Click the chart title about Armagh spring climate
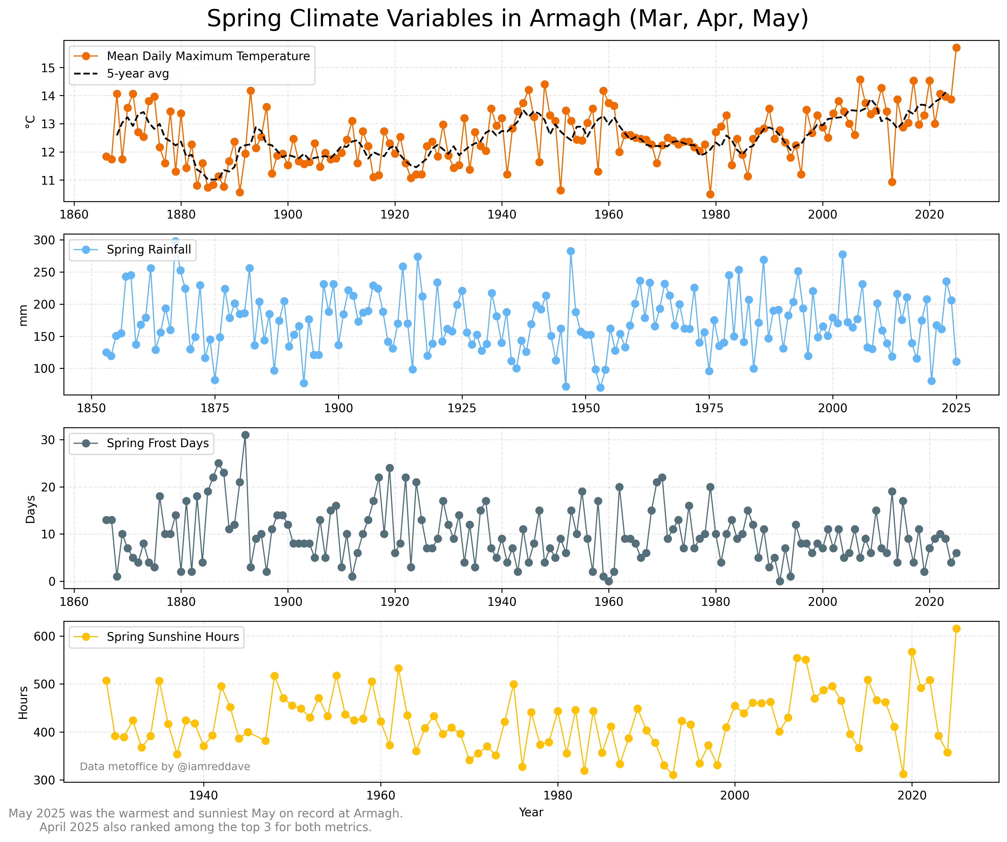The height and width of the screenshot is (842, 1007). pos(507,19)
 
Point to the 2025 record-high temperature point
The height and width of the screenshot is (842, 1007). pos(956,48)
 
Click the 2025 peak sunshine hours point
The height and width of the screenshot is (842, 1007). pos(956,628)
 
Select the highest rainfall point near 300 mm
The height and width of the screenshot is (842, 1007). pos(175,241)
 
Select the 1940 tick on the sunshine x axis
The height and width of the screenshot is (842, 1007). pos(203,795)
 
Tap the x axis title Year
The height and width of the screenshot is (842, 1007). pos(531,812)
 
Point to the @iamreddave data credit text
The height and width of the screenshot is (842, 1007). pos(165,766)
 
